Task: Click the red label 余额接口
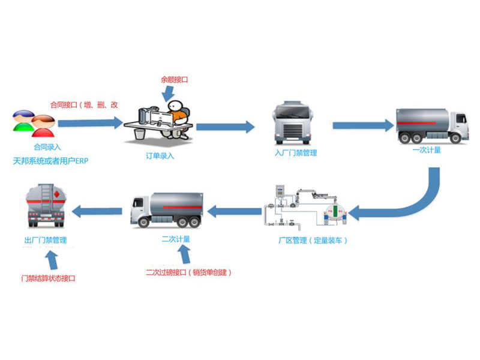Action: [175, 79]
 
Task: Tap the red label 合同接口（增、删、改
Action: [84, 105]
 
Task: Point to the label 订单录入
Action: [160, 155]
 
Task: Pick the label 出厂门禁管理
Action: [45, 241]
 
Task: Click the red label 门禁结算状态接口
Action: [48, 278]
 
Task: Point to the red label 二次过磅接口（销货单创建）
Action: [188, 272]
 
